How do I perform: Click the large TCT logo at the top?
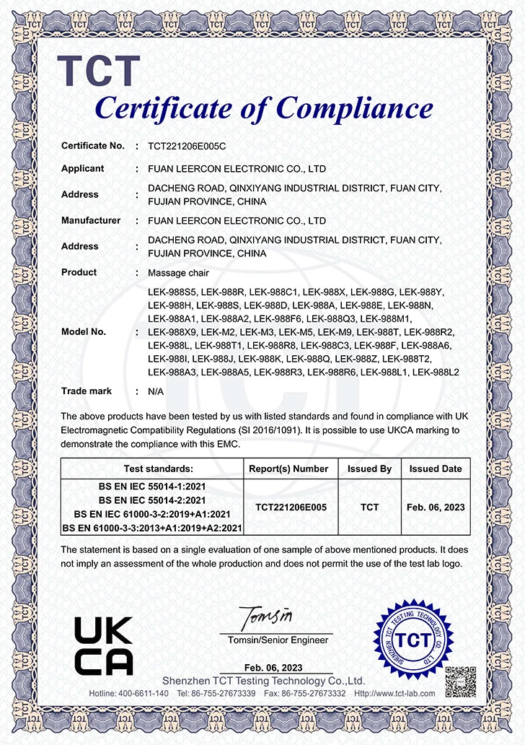(x=98, y=71)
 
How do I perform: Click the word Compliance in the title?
(x=355, y=108)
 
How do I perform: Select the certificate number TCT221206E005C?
(x=187, y=146)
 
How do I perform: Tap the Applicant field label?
(x=82, y=168)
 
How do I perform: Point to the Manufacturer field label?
(x=90, y=220)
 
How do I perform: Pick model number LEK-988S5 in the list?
(x=171, y=292)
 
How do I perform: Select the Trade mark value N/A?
(x=156, y=391)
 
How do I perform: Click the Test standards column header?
(x=152, y=469)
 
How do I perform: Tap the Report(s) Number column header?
(x=288, y=469)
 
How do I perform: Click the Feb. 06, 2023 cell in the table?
(x=431, y=507)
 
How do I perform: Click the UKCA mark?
(x=104, y=645)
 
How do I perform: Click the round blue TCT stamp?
(x=414, y=640)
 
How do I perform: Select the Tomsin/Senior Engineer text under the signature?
(x=278, y=640)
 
